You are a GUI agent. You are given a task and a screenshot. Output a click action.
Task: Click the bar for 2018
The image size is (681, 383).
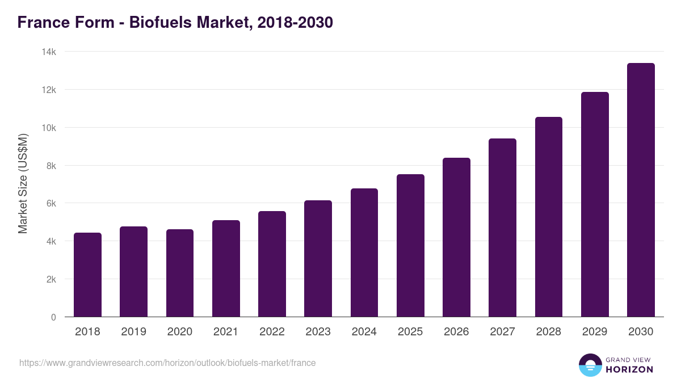[x=87, y=275]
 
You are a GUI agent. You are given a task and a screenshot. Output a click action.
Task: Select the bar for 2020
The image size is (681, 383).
[x=180, y=273]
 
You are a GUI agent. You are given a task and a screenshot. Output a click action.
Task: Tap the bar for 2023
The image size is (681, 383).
[x=318, y=259]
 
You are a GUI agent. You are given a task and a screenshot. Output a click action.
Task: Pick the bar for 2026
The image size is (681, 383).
[x=456, y=237]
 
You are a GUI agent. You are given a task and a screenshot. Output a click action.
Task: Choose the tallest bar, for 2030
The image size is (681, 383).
[x=641, y=190]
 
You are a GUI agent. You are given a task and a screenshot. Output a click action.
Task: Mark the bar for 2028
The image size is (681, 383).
[x=549, y=217]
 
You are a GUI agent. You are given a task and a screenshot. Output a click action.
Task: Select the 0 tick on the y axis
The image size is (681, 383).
[x=53, y=317]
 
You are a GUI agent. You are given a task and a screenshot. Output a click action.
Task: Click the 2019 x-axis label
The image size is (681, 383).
[x=133, y=332]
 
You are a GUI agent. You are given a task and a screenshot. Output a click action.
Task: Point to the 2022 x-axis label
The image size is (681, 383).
[x=272, y=332]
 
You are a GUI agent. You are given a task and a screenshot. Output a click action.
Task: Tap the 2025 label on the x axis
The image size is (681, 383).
[x=410, y=332]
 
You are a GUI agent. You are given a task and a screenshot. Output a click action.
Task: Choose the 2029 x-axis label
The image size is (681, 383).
[x=595, y=332]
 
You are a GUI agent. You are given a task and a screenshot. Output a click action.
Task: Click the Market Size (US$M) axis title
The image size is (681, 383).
[x=23, y=184]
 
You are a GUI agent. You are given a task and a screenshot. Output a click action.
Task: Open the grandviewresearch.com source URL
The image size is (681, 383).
[x=167, y=363]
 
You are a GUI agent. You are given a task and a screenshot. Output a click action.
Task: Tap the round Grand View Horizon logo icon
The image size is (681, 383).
[x=590, y=365]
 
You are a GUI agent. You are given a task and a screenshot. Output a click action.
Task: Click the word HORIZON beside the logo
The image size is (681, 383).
[x=629, y=369]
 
